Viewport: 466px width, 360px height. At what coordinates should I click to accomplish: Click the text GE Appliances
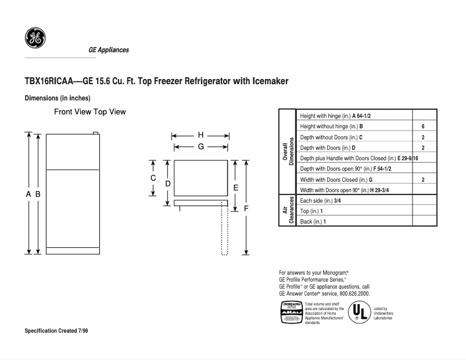(109, 50)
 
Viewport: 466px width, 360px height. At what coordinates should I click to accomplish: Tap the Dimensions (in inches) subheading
(58, 98)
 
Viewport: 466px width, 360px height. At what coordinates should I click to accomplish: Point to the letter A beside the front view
(28, 195)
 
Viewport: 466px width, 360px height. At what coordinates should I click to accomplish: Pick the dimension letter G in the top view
(200, 147)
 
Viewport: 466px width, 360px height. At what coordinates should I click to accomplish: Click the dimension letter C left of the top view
(153, 178)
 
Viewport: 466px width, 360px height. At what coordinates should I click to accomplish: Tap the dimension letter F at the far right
(246, 207)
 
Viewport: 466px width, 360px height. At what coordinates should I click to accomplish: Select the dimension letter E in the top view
(235, 188)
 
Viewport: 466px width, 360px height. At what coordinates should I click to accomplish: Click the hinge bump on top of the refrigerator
(95, 133)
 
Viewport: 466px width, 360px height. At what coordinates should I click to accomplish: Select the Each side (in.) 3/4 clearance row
(320, 200)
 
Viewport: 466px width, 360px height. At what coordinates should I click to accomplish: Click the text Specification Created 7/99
(56, 330)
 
